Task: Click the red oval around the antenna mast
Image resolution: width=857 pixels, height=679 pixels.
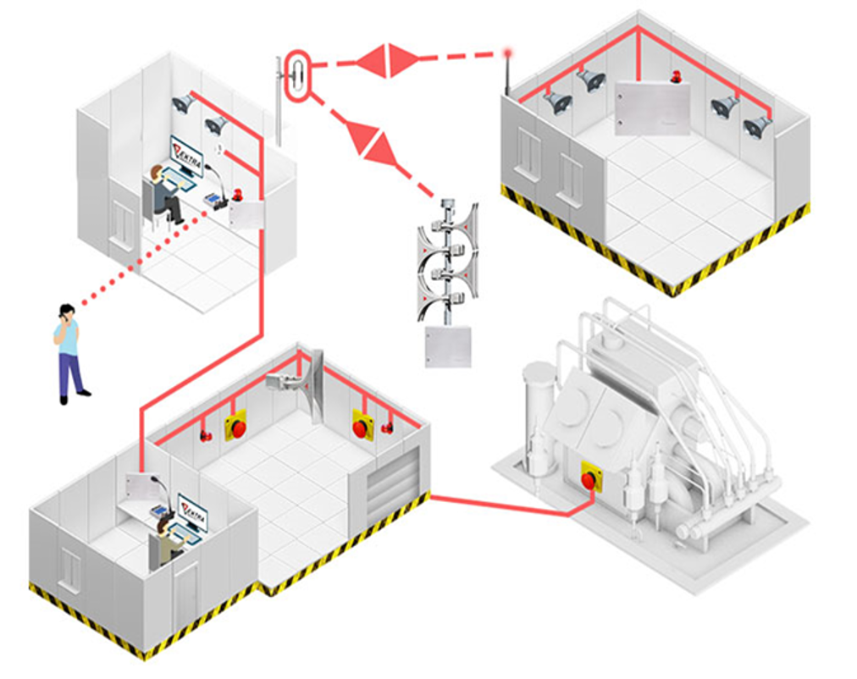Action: pos(298,76)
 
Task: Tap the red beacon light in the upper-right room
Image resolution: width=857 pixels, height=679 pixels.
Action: pos(675,77)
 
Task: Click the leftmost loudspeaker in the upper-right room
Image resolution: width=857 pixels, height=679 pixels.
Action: pos(556,102)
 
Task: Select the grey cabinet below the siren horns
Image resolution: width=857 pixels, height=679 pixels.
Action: pos(447,346)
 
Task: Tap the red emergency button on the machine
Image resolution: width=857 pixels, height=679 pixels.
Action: pos(589,479)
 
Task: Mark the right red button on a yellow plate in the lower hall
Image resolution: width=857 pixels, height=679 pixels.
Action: pos(362,426)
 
